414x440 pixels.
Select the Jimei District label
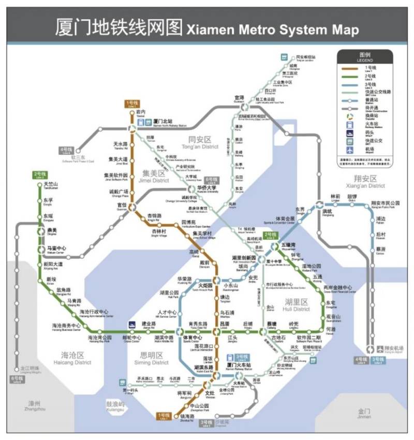[x=154, y=177]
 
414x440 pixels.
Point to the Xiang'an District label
[x=366, y=182]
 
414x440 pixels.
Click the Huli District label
[x=297, y=305]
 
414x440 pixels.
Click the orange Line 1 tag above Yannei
[x=133, y=104]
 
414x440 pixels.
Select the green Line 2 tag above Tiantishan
[x=40, y=175]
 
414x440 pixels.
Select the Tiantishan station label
[x=51, y=185]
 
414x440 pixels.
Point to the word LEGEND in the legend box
[x=365, y=60]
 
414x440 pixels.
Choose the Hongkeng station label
[x=327, y=212]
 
